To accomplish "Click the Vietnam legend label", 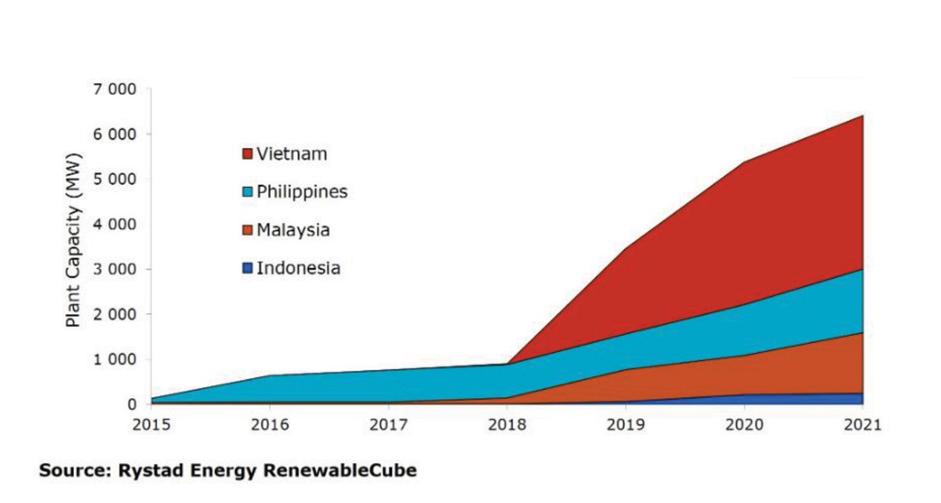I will (x=292, y=154).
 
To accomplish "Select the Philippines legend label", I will (x=302, y=192).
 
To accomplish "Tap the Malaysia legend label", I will (x=293, y=230).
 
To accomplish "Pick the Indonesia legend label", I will (x=299, y=269).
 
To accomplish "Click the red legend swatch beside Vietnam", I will (x=248, y=154).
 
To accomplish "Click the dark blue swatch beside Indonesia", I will (x=248, y=269).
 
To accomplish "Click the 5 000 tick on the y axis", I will (x=115, y=179).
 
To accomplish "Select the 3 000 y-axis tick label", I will (x=115, y=270).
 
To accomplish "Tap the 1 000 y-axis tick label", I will (x=115, y=360).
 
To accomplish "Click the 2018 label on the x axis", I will (x=507, y=425).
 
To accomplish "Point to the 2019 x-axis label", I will (x=626, y=425).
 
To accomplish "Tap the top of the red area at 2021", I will (x=863, y=116).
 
